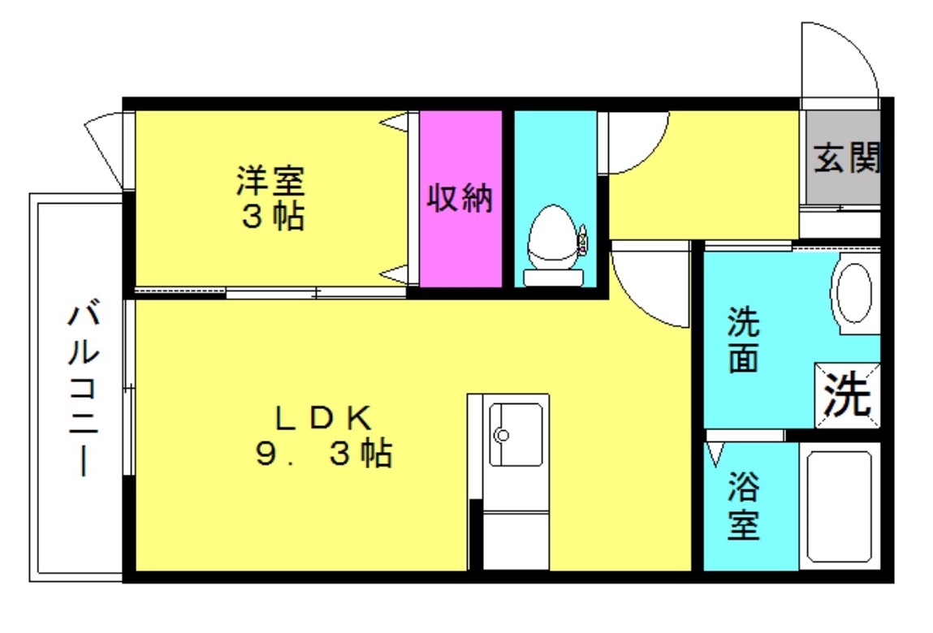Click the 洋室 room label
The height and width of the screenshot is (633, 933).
pos(270,181)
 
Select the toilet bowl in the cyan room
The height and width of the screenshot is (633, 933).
pos(551,235)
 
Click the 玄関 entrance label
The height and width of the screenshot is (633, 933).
pos(846,159)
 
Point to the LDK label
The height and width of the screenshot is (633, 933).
pos(322,418)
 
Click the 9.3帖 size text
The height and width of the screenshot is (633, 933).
pos(324,455)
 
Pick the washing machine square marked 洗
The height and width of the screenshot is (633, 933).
pos(847,394)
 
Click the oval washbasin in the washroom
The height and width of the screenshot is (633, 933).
pos(854,292)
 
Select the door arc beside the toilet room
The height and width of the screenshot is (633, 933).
pos(637,142)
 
